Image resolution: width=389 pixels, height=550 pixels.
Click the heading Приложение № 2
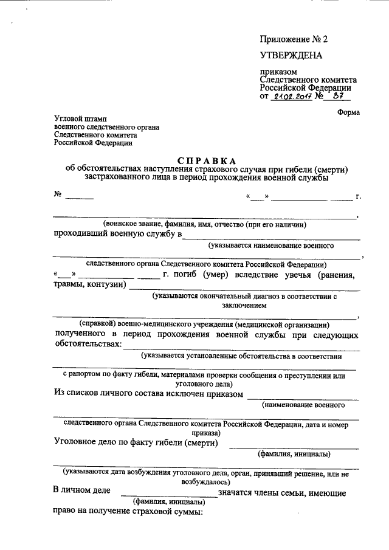tap(294, 39)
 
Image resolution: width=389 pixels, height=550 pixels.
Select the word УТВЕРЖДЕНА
tap(291, 57)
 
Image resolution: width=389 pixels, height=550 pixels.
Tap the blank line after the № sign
tap(80, 196)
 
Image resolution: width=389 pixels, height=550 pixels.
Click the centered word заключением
tap(244, 306)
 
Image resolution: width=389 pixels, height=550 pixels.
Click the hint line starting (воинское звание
tap(204, 224)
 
